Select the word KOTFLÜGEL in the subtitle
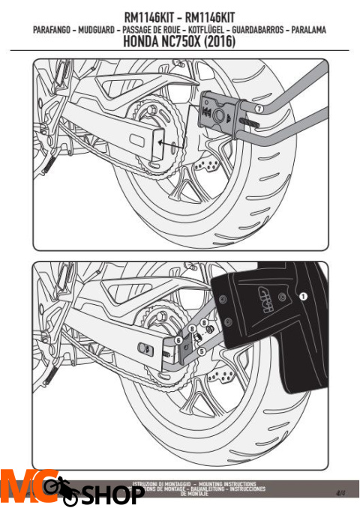(x=218, y=30)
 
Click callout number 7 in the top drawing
(x=258, y=109)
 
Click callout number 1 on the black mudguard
(x=303, y=297)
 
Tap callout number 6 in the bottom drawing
(x=178, y=339)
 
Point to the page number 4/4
(x=340, y=492)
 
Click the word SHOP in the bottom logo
(x=112, y=495)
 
